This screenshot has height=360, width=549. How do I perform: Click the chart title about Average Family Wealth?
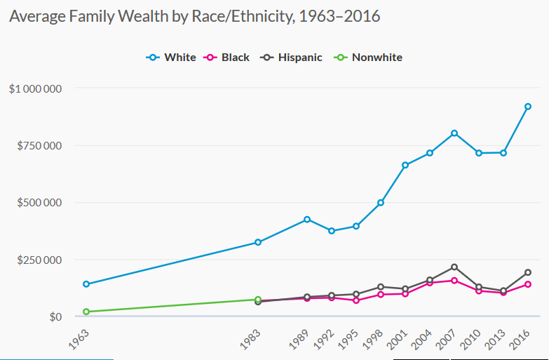click(194, 15)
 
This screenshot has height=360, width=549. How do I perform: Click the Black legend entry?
click(226, 58)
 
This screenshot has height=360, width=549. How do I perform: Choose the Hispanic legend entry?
click(290, 58)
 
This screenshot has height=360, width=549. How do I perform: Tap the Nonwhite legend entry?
click(368, 58)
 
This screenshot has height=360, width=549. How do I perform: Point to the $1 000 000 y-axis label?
click(36, 88)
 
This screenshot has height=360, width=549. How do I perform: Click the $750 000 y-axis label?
click(39, 145)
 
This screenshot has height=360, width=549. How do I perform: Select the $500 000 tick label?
click(39, 203)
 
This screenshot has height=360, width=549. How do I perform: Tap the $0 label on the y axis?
click(54, 317)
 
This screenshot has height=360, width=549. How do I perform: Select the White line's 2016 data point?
click(528, 107)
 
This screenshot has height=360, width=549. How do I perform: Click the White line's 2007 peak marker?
click(454, 133)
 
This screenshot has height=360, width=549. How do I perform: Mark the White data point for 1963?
click(86, 284)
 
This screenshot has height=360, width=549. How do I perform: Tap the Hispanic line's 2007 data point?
click(454, 267)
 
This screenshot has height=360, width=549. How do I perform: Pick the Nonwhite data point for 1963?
click(86, 312)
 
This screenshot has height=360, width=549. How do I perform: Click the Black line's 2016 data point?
click(528, 284)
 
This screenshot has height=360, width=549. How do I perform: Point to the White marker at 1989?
click(307, 220)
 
